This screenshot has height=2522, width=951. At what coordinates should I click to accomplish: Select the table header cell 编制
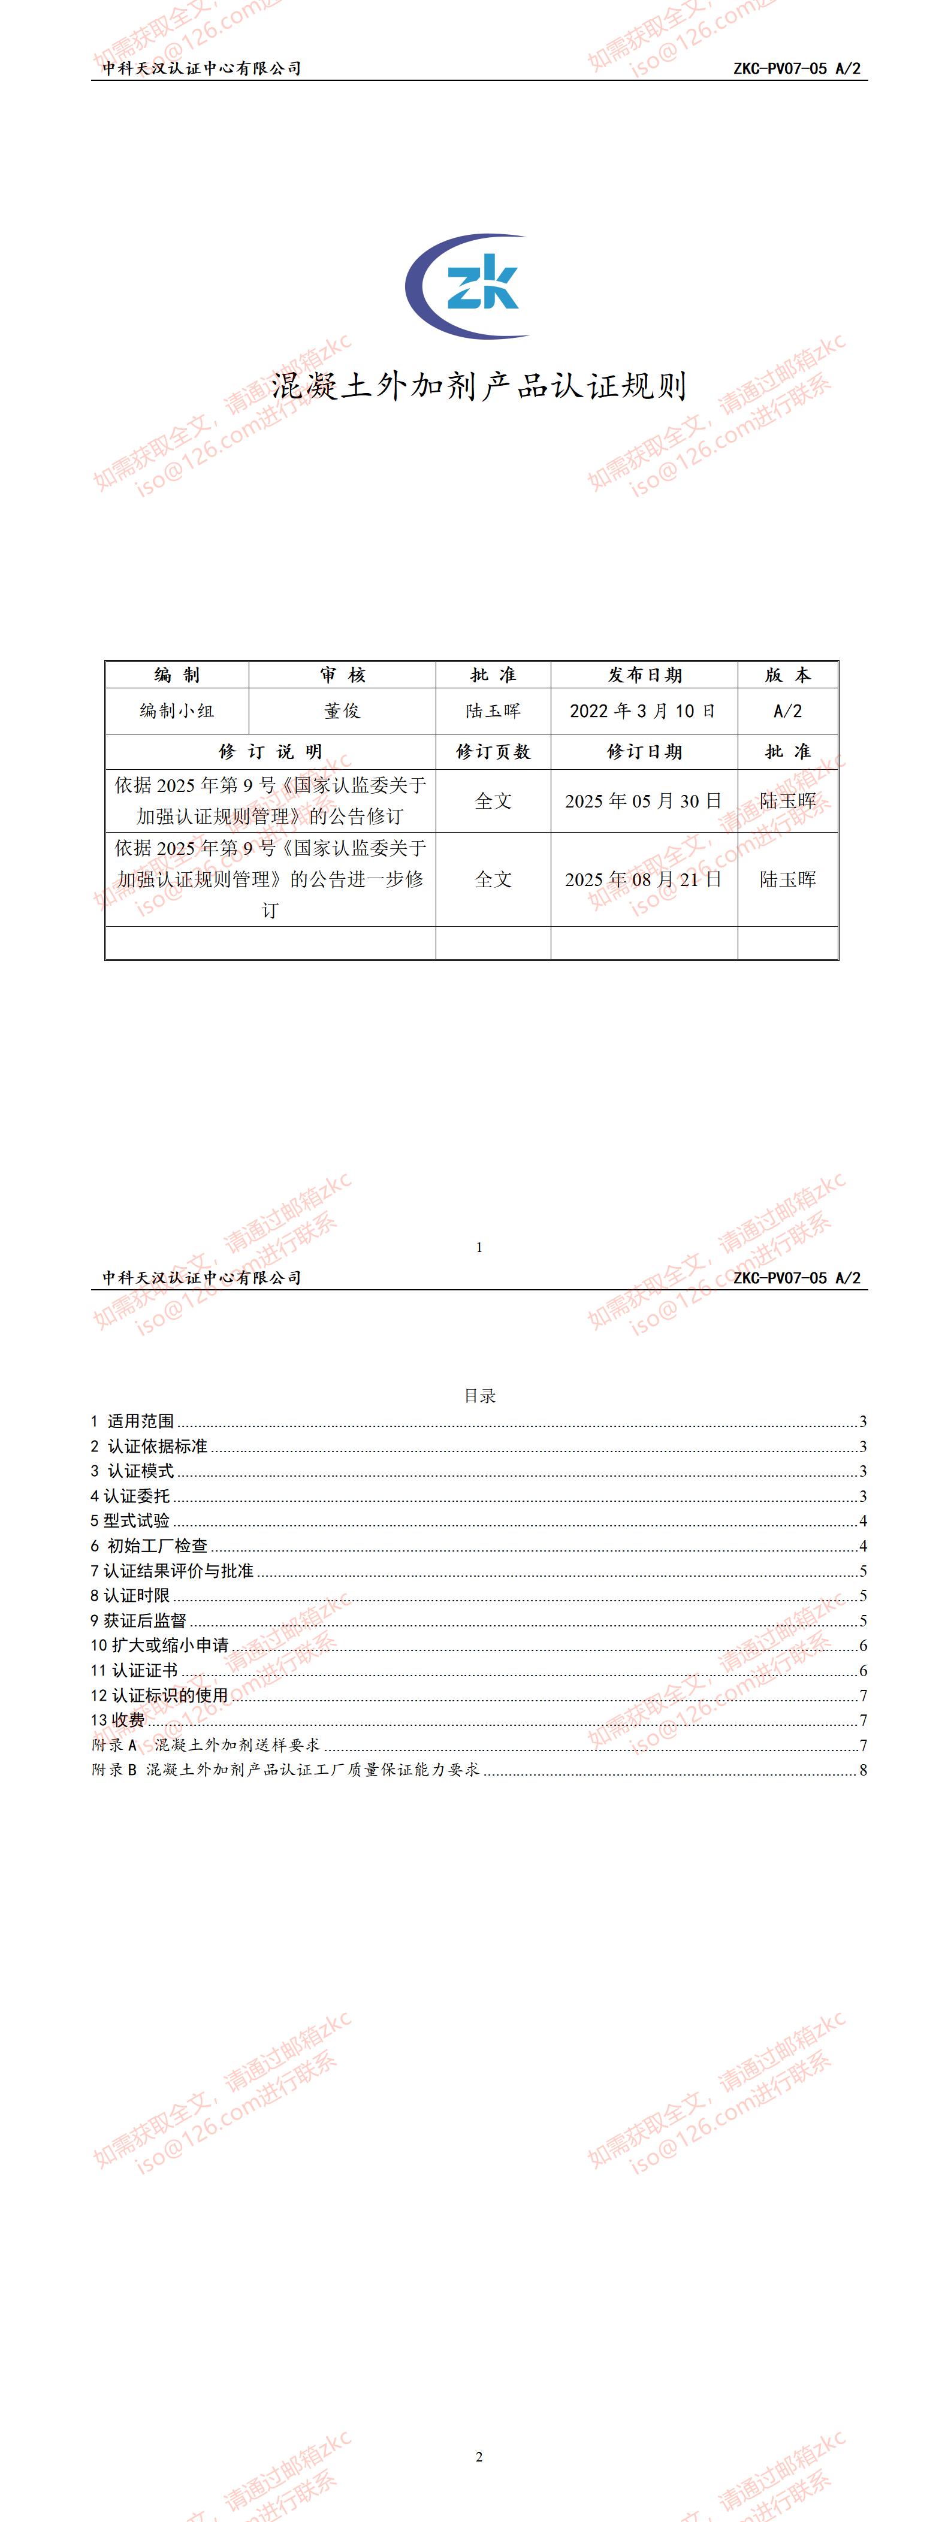pyautogui.click(x=177, y=675)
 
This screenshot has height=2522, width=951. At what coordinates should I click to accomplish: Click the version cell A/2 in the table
pyautogui.click(x=787, y=711)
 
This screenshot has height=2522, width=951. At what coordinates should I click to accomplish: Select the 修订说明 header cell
pyautogui.click(x=270, y=751)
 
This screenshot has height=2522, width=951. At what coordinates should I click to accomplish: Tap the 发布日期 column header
pyautogui.click(x=644, y=675)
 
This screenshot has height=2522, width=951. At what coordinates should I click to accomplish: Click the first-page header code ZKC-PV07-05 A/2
pyautogui.click(x=796, y=68)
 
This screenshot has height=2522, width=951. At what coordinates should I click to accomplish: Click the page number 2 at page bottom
pyautogui.click(x=479, y=2457)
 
